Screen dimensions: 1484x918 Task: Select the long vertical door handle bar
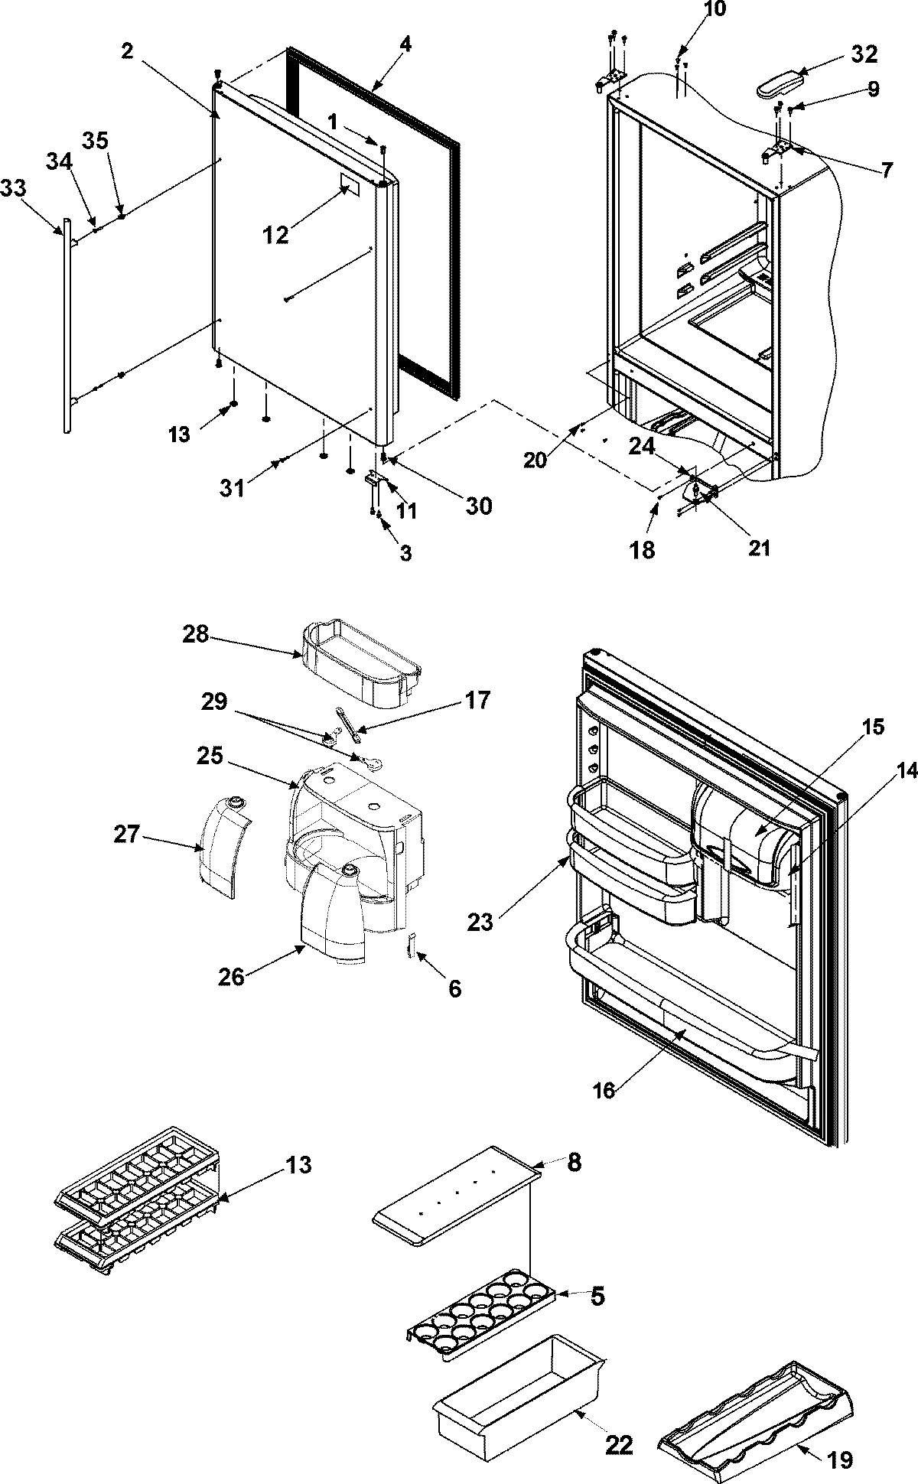(x=67, y=321)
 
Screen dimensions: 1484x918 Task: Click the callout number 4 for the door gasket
(x=405, y=44)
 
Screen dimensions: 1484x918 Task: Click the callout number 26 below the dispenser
(x=232, y=977)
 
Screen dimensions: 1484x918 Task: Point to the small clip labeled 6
(x=412, y=947)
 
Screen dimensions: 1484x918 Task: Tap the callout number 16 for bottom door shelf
(x=604, y=1089)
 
